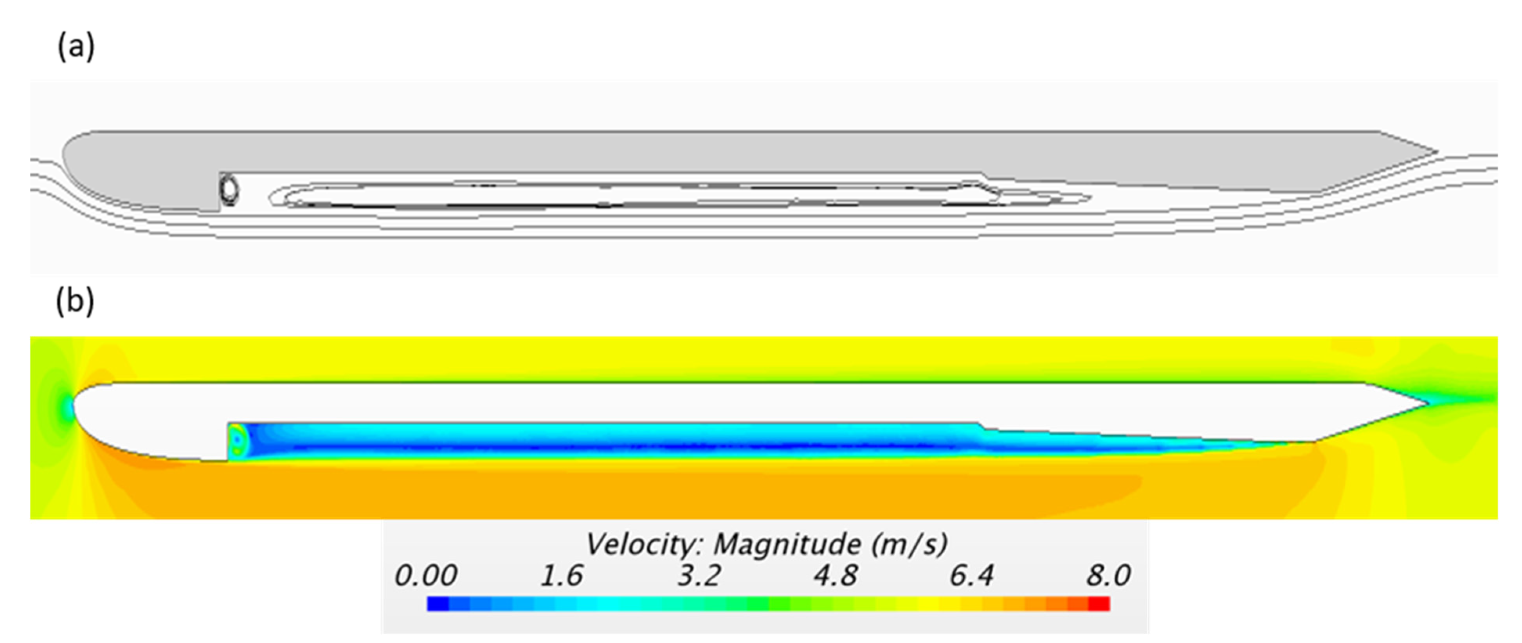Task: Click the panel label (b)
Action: [x=75, y=302]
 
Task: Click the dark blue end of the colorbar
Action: [x=437, y=604]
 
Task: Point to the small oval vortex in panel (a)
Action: [x=229, y=189]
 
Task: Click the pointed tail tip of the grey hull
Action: [x=1436, y=152]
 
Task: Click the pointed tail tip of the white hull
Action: [x=1427, y=404]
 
